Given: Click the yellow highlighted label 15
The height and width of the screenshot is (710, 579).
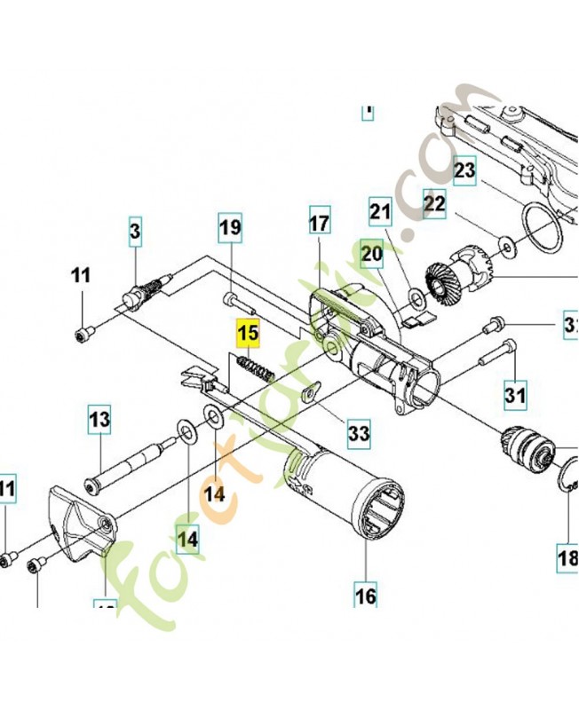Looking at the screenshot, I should [x=246, y=335].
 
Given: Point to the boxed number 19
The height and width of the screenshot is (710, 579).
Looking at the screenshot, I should [x=230, y=228].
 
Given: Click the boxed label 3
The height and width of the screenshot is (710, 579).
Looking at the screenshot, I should [x=134, y=232].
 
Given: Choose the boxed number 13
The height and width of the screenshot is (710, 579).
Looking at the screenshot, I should [x=98, y=418].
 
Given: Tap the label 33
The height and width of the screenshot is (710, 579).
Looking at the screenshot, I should [x=359, y=434].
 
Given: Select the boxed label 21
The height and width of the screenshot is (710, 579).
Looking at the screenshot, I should [x=380, y=211].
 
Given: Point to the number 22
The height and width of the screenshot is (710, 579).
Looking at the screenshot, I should [x=433, y=204].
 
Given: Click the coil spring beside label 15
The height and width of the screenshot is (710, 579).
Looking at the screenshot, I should [x=253, y=364].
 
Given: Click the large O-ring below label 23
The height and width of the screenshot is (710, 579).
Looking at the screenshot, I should [x=540, y=228].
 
